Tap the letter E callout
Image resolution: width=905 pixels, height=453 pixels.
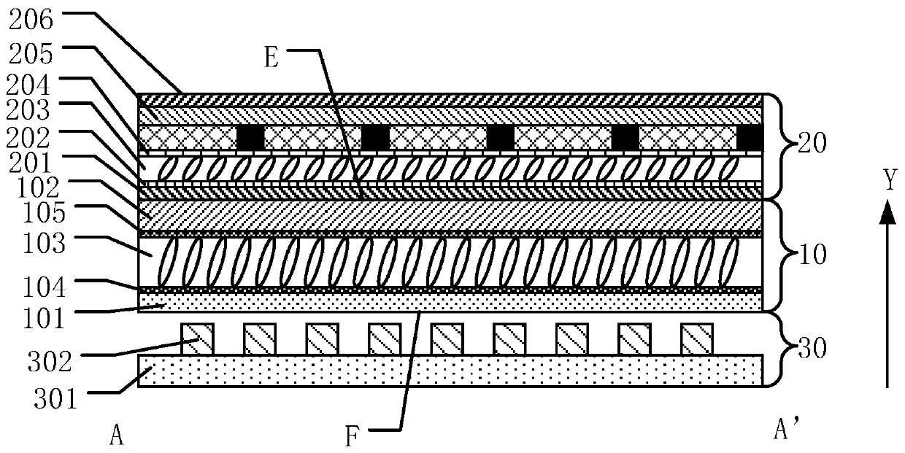pos(271,58)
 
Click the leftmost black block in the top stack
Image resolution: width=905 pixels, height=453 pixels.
pos(250,136)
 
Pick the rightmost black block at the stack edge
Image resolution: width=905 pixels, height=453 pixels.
pos(750,136)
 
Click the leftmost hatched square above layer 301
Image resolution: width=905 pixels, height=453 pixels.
pos(197,339)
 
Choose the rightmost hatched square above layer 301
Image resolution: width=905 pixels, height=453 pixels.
pos(696,339)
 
